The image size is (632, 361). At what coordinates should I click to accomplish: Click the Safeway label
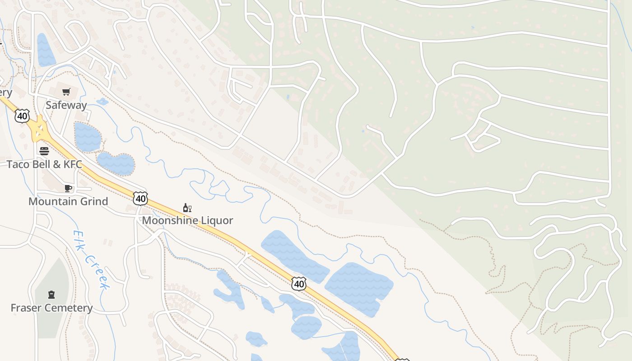tap(66, 105)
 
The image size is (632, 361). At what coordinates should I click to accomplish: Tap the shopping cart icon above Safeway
tap(66, 92)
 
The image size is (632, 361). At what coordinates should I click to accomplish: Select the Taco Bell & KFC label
tap(44, 164)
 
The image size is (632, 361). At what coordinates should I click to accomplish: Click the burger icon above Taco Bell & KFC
tap(44, 151)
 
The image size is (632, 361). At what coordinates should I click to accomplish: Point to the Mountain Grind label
tap(68, 201)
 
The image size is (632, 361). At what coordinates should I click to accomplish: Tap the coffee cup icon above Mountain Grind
tap(68, 188)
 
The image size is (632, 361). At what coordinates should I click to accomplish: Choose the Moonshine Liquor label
tap(187, 220)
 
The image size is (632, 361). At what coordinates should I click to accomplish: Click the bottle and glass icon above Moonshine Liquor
tap(187, 208)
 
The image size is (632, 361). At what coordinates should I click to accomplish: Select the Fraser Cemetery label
tap(51, 308)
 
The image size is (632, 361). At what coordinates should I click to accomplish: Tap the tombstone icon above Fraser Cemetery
tap(51, 295)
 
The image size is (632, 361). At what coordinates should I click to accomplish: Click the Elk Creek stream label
tap(92, 260)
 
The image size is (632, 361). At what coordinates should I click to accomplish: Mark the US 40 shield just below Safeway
tap(22, 116)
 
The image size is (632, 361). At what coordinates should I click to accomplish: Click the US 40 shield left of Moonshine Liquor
tap(140, 198)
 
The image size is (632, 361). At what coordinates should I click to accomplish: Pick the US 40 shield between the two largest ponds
tap(298, 284)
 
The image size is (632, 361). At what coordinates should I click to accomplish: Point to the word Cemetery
tap(70, 308)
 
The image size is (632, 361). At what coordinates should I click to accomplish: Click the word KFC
tap(73, 164)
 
